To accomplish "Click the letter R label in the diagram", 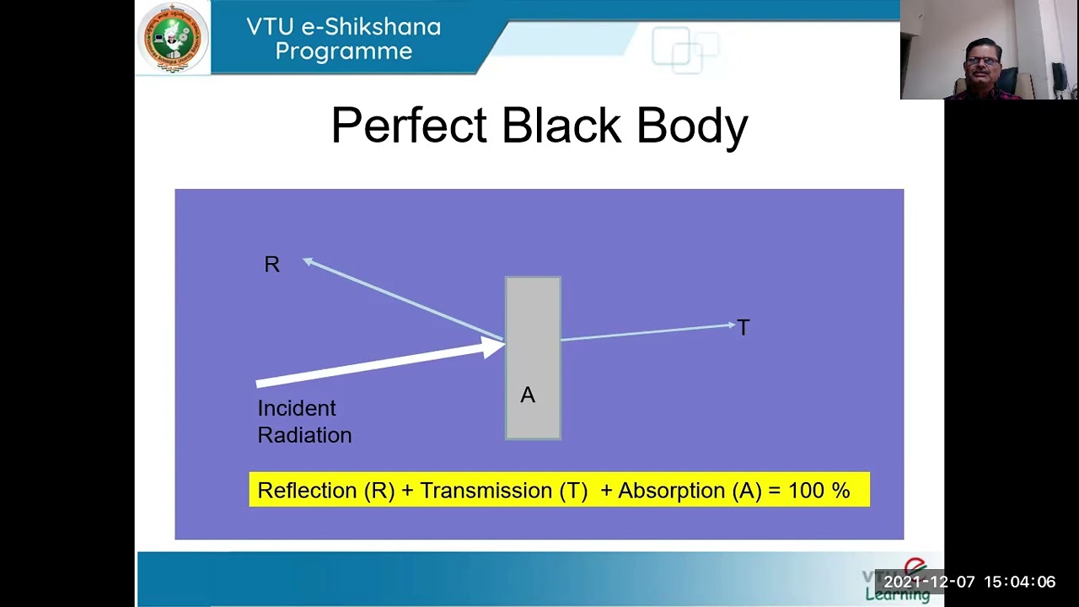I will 271,265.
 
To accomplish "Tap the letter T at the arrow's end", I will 743,328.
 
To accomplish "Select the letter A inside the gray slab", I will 528,395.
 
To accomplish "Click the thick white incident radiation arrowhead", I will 492,346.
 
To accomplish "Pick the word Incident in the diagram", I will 297,409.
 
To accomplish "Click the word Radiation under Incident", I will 304,436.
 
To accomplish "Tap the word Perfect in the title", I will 410,126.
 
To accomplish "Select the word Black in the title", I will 562,126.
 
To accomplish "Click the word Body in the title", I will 692,126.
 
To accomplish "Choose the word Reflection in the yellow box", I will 308,491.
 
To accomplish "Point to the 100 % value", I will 819,491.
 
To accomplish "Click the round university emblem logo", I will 174,38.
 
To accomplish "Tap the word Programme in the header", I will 344,51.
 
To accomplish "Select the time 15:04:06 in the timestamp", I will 1019,583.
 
